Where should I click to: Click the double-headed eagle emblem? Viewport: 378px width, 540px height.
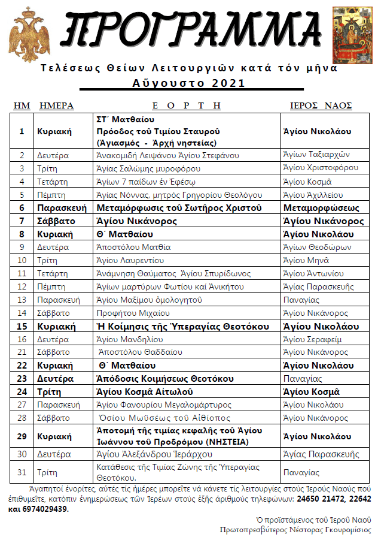pos(29,35)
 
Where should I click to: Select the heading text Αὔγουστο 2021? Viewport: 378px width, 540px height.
pos(188,82)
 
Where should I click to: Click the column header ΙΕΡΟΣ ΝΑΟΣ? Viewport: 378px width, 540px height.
pos(321,106)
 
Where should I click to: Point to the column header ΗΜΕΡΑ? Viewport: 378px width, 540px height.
pos(56,106)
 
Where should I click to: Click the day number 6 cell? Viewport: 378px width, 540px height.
pos(22,208)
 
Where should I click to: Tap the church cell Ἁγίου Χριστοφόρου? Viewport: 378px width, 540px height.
pos(320,168)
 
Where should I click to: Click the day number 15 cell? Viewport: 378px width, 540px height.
pos(22,327)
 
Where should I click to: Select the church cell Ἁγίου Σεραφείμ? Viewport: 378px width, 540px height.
pos(312,339)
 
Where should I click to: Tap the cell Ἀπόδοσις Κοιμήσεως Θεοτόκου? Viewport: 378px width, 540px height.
pos(165,379)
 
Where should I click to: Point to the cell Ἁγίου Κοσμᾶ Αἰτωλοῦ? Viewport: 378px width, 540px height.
pos(144,392)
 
